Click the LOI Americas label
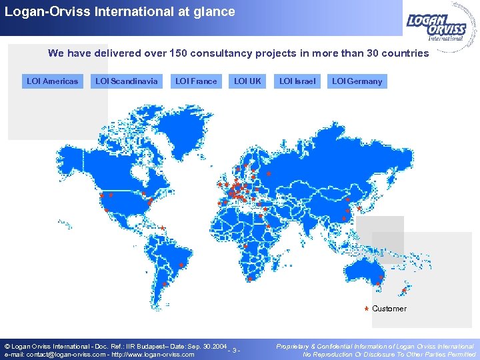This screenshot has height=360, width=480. point(52,81)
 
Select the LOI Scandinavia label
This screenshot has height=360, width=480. point(127,81)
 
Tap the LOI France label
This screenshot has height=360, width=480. point(195,81)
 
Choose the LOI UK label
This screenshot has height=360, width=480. point(248,81)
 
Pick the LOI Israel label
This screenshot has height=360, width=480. point(297,81)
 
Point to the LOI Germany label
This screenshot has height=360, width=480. point(357,81)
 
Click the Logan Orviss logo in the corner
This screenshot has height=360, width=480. point(438,27)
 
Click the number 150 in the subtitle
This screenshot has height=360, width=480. point(181,53)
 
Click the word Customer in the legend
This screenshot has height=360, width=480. point(389,309)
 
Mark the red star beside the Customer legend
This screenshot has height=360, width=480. point(366,309)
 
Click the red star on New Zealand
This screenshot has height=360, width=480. point(404,291)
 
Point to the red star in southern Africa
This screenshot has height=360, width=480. point(249,279)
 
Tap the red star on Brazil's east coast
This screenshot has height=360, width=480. point(181,265)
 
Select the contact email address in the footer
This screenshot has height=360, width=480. point(56,355)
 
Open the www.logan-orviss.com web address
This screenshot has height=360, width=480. point(153,355)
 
